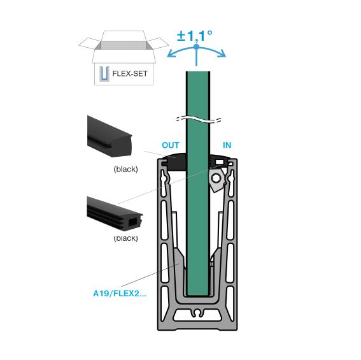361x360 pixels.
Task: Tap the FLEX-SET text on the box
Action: [x=129, y=74]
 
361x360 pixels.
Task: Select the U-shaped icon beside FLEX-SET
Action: [x=103, y=75]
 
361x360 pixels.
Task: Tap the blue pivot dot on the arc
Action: [x=196, y=47]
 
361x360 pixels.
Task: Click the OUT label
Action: [x=171, y=145]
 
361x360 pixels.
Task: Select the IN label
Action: [x=227, y=145]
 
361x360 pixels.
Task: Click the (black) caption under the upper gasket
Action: [x=125, y=169]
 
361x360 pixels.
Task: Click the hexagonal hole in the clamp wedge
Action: [x=216, y=178]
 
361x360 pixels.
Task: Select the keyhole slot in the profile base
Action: [x=198, y=313]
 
